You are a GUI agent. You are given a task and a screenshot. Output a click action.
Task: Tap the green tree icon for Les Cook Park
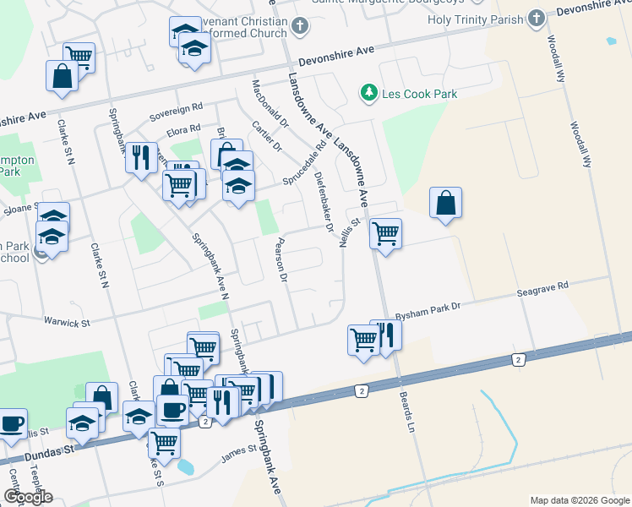point(368,92)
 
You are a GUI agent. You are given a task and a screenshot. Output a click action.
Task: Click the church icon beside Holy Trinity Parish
point(536,19)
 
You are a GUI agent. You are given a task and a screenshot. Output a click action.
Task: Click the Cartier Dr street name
point(266,136)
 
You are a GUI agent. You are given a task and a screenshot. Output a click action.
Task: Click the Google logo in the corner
point(28,497)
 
